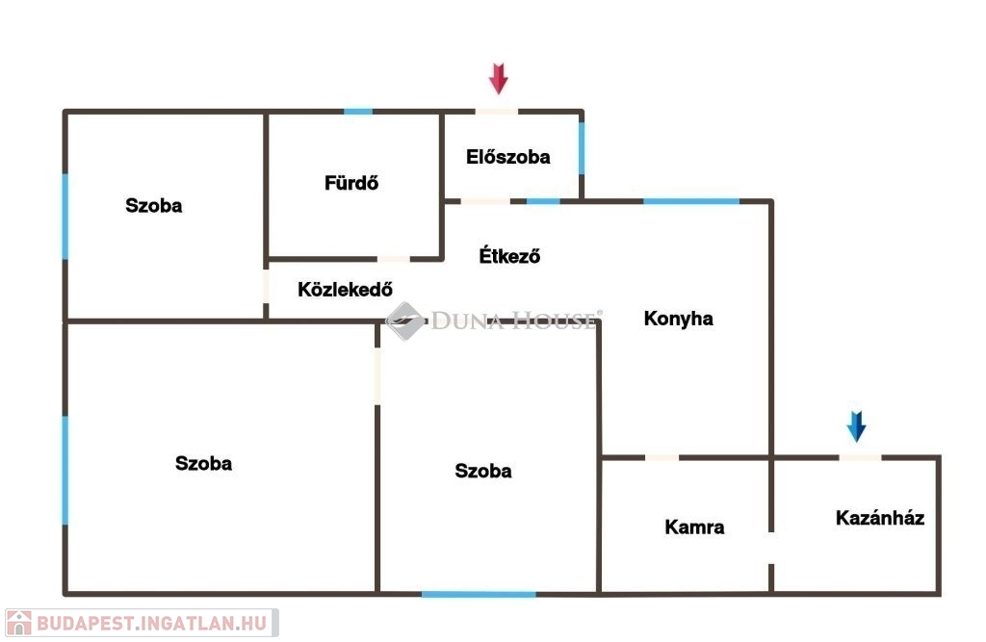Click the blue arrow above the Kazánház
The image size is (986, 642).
click(856, 426)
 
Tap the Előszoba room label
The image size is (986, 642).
click(507, 157)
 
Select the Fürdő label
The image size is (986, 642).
click(351, 182)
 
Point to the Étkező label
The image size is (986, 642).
click(509, 256)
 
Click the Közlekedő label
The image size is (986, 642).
click(346, 289)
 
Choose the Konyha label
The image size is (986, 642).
click(678, 319)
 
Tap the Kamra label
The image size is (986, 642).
click(694, 526)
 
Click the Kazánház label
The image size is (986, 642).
click(880, 518)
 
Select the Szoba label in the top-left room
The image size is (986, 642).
click(154, 205)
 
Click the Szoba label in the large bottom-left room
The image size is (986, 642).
click(203, 463)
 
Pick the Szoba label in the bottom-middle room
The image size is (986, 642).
click(483, 471)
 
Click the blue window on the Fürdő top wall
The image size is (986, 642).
click(358, 112)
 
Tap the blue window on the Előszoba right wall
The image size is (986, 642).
click(582, 148)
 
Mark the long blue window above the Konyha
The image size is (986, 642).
click(690, 201)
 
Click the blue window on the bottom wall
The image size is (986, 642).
click(478, 593)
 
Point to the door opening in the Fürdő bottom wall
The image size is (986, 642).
click(393, 259)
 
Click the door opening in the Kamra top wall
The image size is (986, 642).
click(662, 457)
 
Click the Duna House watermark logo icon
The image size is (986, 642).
click(405, 319)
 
